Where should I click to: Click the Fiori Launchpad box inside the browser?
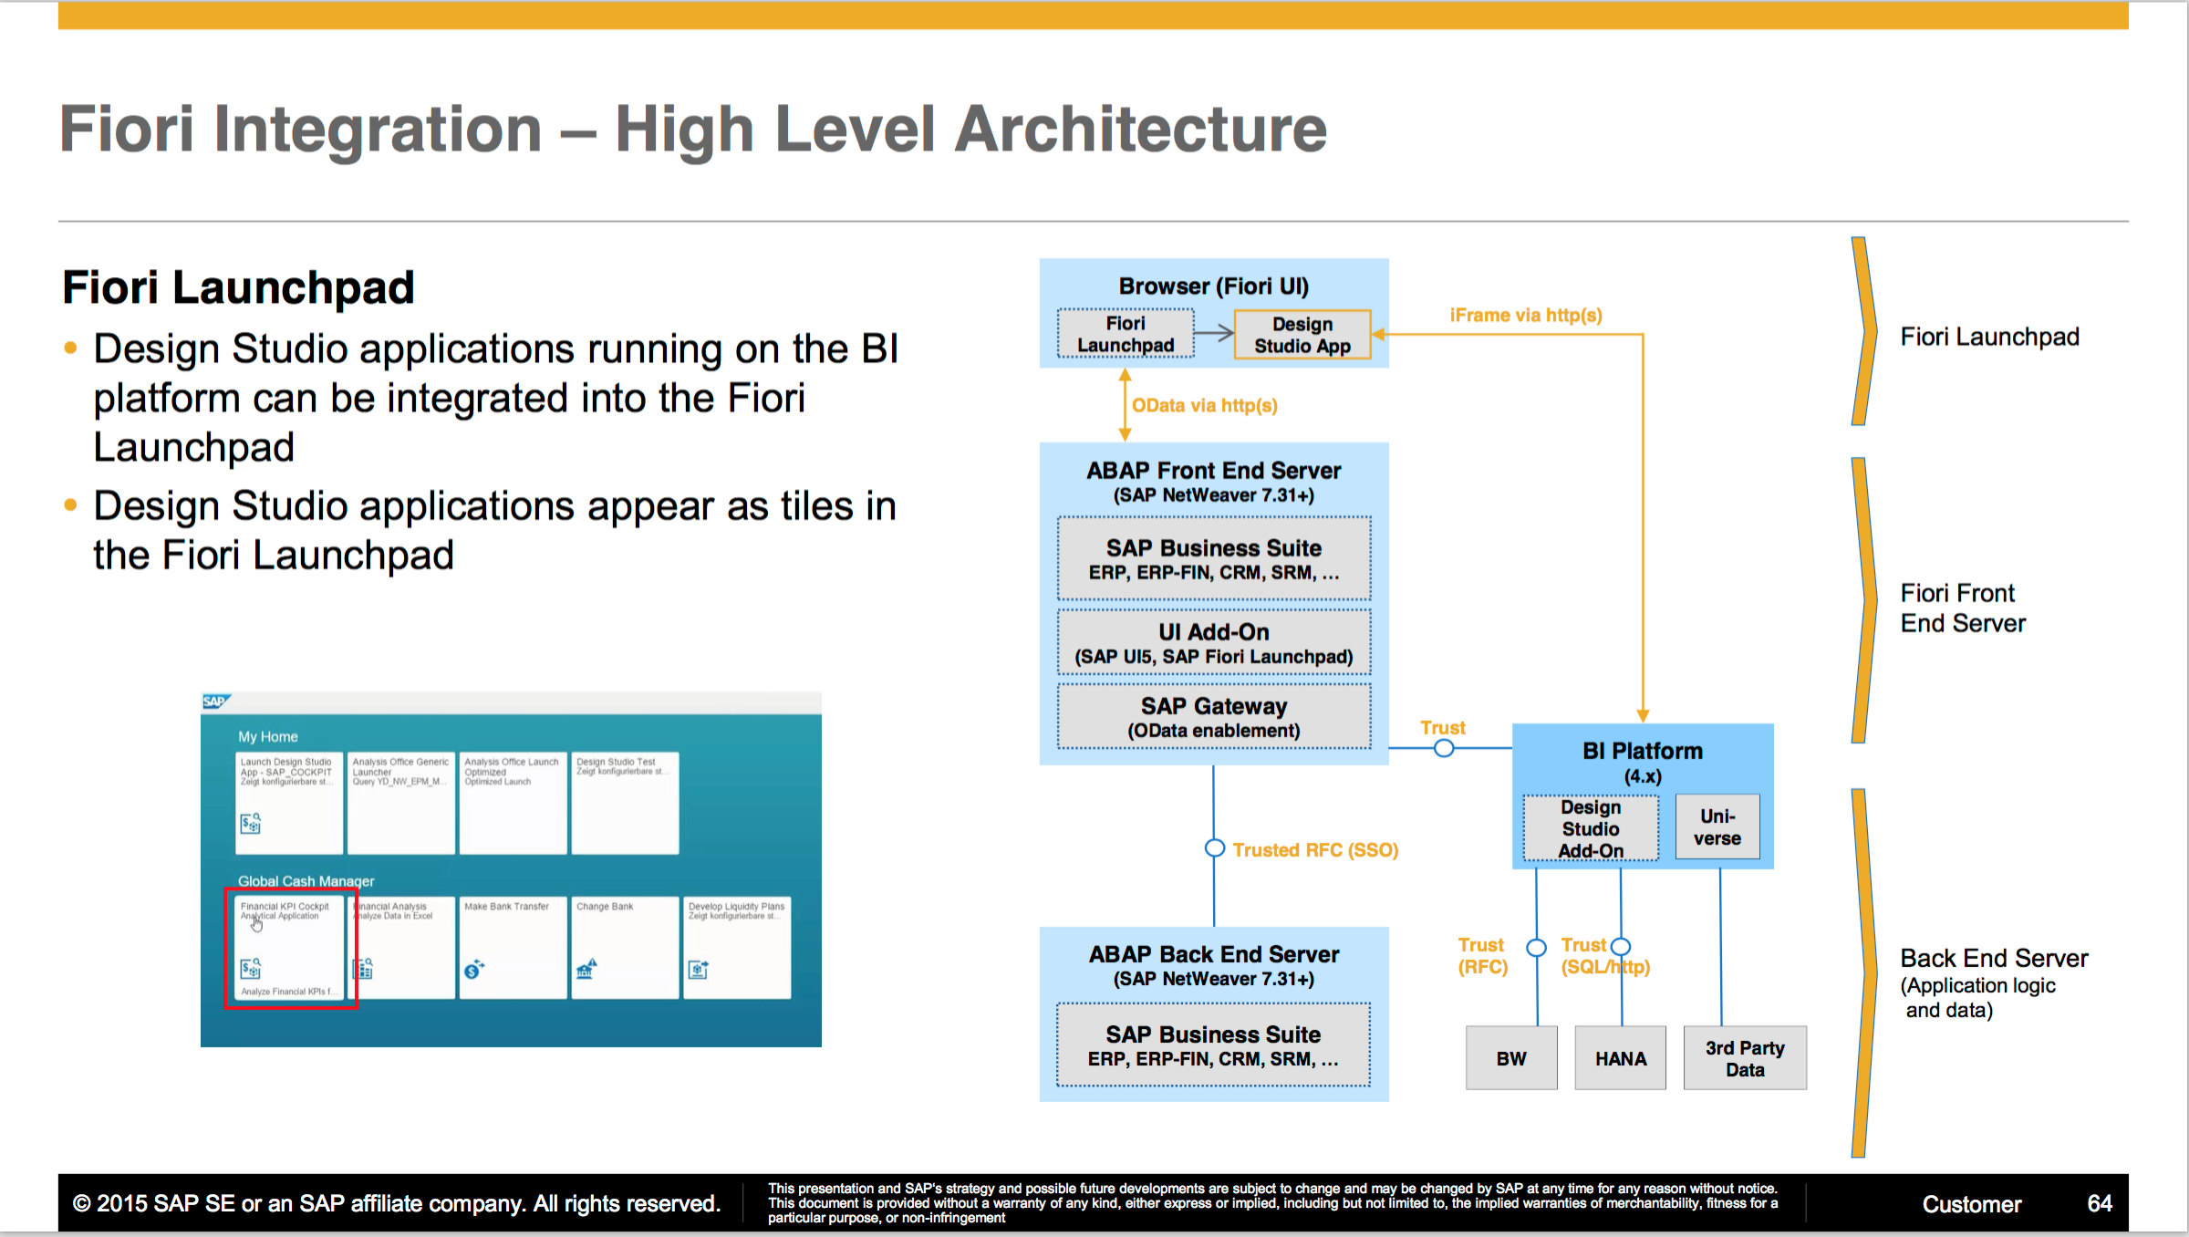coord(1126,334)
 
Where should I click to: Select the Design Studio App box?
coord(1302,335)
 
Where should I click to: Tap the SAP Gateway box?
coord(1213,717)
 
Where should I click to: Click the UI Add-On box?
coord(1213,643)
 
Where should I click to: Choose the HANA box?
coord(1620,1058)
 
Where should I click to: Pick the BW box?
coord(1511,1058)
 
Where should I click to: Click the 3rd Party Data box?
coord(1744,1058)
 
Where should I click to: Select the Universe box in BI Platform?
coord(1717,826)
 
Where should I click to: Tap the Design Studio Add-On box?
coord(1591,828)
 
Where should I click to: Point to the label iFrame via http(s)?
coord(1525,315)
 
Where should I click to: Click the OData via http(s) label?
coord(1204,405)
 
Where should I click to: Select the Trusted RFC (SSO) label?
coord(1314,850)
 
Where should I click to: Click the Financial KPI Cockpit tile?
coord(289,948)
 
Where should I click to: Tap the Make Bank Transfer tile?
coord(513,948)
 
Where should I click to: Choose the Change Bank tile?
coord(625,948)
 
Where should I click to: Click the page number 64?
coord(2099,1203)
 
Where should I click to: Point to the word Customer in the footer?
coord(1971,1204)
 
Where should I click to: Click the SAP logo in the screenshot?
coord(215,702)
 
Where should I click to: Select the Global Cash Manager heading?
coord(306,881)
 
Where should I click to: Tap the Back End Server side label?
coord(1993,959)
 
